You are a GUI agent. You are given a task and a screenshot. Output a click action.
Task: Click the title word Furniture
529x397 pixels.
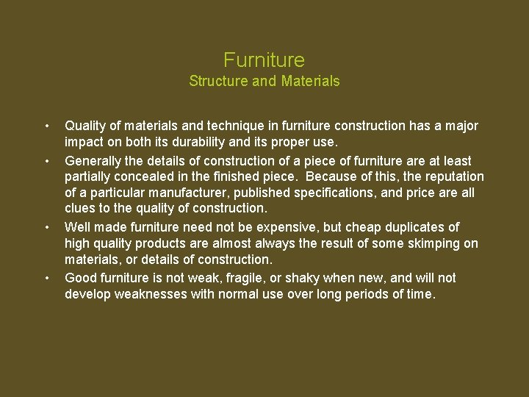(x=264, y=60)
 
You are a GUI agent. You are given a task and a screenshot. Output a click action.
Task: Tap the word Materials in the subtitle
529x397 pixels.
(x=310, y=81)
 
